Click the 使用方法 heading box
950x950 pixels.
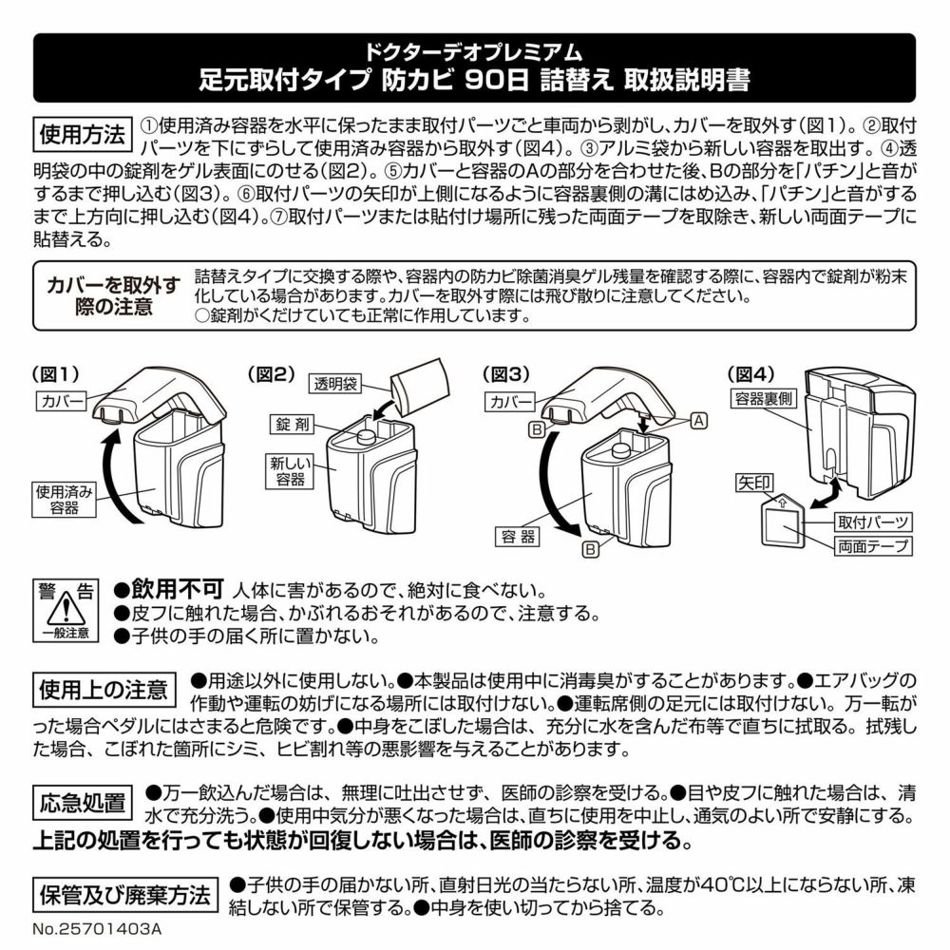pyautogui.click(x=83, y=135)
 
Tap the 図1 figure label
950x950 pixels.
pyautogui.click(x=56, y=374)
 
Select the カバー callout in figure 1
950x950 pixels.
pyautogui.click(x=63, y=401)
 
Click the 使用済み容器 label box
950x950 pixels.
pyautogui.click(x=64, y=500)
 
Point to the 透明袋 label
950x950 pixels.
pyautogui.click(x=336, y=384)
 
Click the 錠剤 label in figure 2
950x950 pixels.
pyautogui.click(x=293, y=424)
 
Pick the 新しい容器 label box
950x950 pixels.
pyautogui.click(x=290, y=471)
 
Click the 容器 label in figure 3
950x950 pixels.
pyautogui.click(x=518, y=537)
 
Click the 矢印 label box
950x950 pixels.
pyautogui.click(x=754, y=483)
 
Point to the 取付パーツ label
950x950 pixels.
pyautogui.click(x=872, y=522)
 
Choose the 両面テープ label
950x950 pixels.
pyautogui.click(x=872, y=546)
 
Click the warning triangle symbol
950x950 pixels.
pyautogui.click(x=66, y=608)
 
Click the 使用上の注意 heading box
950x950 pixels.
pyautogui.click(x=104, y=690)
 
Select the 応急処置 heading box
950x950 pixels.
pyautogui.click(x=83, y=802)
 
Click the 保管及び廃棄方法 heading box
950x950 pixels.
pyautogui.click(x=125, y=895)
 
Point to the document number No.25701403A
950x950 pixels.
pyautogui.click(x=97, y=929)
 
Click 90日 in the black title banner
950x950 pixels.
pyautogui.click(x=497, y=80)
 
